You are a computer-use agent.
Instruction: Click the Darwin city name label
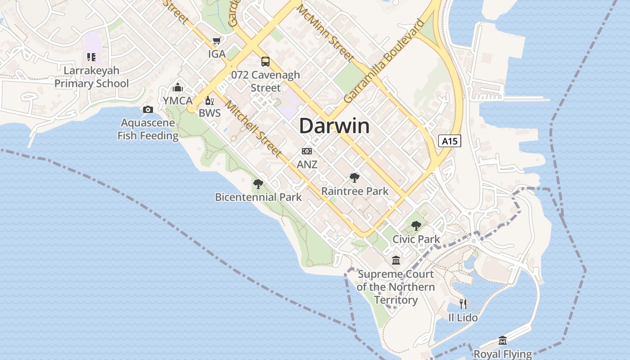click(334, 126)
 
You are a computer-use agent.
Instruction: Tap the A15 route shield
click(450, 141)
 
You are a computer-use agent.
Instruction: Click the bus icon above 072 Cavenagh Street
click(265, 62)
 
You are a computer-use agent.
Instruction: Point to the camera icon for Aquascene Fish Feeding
click(148, 109)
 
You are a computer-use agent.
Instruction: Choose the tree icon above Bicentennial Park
click(258, 184)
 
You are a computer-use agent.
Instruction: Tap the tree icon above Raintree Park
click(355, 178)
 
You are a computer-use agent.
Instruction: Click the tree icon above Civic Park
click(416, 225)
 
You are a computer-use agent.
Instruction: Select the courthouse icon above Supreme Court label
click(396, 261)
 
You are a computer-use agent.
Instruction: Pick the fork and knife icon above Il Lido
click(463, 304)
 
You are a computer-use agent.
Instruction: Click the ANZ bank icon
click(307, 151)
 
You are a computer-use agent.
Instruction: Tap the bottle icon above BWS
click(209, 100)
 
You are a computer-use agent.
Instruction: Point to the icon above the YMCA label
click(178, 87)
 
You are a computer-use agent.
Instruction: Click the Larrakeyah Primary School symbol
click(91, 57)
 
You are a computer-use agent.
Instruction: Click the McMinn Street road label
click(325, 33)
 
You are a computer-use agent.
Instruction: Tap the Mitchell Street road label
click(254, 128)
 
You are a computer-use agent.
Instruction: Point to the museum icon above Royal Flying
click(503, 341)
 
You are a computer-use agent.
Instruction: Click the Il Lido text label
click(463, 318)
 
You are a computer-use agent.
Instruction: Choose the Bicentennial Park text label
click(258, 197)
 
